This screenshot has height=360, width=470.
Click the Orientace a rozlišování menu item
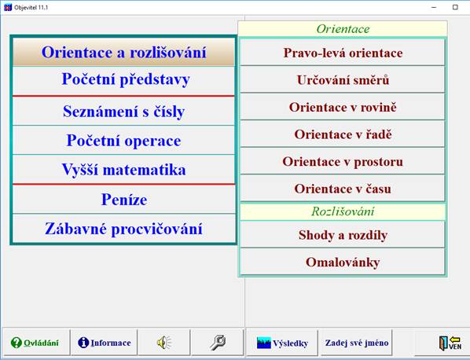pos(123,53)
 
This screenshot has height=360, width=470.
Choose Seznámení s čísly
pos(123,112)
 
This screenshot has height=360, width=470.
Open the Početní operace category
pos(123,141)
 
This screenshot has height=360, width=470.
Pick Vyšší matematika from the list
pos(123,170)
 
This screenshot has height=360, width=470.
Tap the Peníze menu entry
pos(123,200)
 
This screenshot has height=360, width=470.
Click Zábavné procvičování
pos(123,229)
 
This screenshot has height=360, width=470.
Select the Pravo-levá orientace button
pos(343,53)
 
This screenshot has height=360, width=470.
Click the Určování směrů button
pos(343,80)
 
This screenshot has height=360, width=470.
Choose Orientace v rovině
pos(343,107)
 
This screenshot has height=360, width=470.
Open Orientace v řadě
pos(343,134)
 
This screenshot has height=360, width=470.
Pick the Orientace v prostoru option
pos(343,161)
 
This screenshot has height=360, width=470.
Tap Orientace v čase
pos(343,189)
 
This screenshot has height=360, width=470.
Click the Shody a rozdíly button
pos(343,235)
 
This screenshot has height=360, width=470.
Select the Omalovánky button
pos(343,262)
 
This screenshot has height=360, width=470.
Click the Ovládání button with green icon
pos(35,343)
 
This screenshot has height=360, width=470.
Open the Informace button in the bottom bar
pos(104,343)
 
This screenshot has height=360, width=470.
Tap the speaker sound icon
pos(163,343)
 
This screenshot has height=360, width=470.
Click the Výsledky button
pos(282,343)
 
